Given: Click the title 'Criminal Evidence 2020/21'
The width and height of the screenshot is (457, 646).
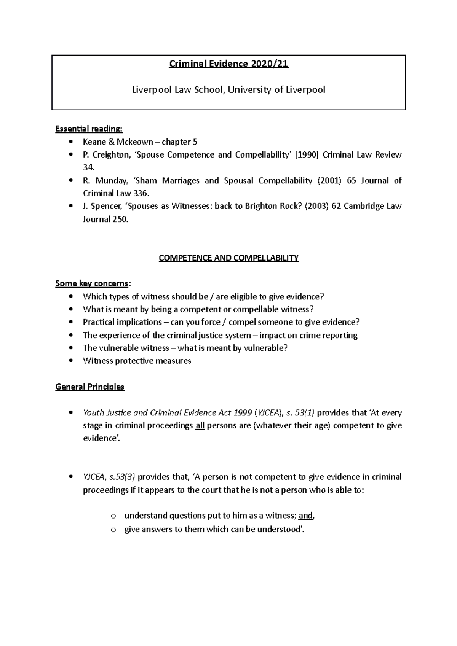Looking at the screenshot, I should (228, 64).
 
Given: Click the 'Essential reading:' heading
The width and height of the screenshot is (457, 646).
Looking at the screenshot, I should (89, 129).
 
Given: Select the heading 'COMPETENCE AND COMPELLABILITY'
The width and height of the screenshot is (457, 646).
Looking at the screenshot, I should (228, 258).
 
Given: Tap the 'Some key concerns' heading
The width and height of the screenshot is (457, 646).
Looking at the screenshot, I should (92, 283).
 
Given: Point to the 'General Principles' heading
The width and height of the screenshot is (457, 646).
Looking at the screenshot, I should (90, 387).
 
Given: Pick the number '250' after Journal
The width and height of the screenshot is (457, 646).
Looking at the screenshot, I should (120, 220).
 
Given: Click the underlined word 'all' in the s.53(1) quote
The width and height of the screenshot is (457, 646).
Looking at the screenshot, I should (200, 425).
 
